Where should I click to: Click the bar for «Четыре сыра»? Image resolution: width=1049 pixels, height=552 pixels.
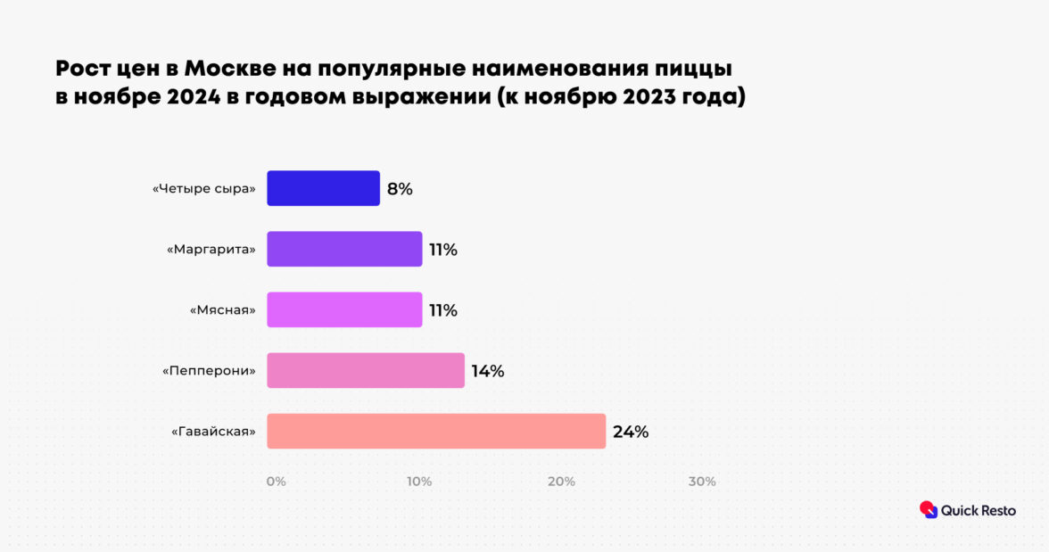pos(323,188)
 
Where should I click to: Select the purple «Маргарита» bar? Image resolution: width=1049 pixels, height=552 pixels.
pos(344,249)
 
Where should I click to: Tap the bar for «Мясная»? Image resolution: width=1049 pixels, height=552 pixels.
pos(344,309)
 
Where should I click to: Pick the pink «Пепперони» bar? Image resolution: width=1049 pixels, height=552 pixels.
pos(366,370)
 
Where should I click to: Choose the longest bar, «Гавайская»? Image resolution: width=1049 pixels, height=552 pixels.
pos(436,431)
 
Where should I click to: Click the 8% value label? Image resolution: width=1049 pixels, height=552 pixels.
pos(400,189)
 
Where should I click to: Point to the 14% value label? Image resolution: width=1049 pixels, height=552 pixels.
pos(488,371)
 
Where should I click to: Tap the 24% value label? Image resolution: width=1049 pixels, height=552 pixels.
pos(631,432)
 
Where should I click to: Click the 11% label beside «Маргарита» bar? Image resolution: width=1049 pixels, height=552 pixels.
pos(443,250)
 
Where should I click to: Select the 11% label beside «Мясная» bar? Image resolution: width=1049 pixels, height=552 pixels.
pos(443,310)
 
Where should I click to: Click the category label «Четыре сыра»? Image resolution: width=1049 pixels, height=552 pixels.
pos(204,189)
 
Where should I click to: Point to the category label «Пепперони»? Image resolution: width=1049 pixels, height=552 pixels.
pos(209,371)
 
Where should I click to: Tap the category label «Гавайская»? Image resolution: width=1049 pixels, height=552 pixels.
pos(213,432)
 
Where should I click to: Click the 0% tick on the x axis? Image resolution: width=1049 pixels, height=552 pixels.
pos(277,482)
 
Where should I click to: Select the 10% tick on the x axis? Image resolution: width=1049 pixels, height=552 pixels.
pos(419,482)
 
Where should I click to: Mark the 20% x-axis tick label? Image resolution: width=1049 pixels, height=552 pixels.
pos(561,482)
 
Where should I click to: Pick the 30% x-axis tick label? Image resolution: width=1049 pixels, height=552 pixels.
pos(702,482)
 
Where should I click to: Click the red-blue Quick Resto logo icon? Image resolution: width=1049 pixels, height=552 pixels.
pos(929,509)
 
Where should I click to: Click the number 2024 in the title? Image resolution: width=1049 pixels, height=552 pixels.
pos(193,97)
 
